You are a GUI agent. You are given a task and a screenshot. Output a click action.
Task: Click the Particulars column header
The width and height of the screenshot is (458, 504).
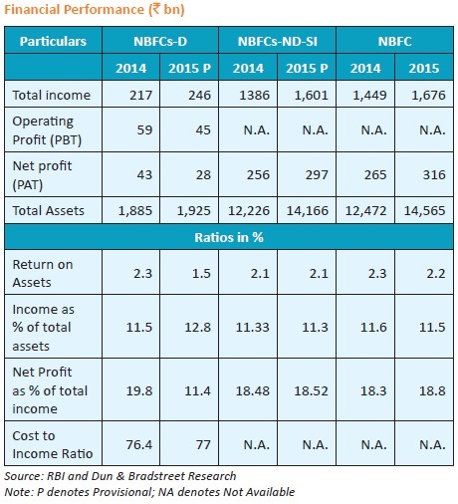click(x=53, y=42)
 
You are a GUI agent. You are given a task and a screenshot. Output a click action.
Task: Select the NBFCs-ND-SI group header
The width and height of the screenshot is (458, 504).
click(x=278, y=42)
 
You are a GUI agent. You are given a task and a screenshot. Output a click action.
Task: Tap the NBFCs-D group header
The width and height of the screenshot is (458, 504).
click(x=160, y=42)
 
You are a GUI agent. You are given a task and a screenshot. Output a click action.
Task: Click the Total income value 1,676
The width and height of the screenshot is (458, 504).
click(x=428, y=96)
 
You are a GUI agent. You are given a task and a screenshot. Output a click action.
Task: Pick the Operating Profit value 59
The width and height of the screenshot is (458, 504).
click(x=144, y=129)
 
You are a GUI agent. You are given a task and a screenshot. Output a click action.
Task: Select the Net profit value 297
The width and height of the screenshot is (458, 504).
click(x=317, y=174)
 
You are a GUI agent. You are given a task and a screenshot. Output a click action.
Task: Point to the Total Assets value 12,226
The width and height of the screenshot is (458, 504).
click(x=249, y=210)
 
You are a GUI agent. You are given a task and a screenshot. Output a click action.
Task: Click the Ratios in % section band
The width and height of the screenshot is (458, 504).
click(x=229, y=237)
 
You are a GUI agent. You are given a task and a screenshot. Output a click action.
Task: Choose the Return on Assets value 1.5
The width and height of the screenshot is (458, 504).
click(x=201, y=273)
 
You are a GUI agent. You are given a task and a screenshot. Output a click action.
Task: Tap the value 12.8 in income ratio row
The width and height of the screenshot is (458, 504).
click(x=197, y=328)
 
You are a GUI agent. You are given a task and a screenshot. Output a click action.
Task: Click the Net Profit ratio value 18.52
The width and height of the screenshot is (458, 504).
click(x=311, y=390)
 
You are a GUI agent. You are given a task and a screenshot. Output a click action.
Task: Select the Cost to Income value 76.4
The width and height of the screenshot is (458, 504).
click(x=139, y=444)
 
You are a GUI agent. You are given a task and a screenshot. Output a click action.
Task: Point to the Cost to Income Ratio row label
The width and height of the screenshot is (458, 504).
click(x=53, y=444)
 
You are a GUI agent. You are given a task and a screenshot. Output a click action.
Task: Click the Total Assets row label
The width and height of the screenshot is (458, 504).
click(x=49, y=210)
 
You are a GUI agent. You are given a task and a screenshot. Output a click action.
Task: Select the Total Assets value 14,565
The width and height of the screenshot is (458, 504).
click(x=424, y=210)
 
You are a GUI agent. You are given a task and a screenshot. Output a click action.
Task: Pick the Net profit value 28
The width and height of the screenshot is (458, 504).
click(x=203, y=174)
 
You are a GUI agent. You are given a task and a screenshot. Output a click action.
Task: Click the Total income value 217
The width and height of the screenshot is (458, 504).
click(x=140, y=96)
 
